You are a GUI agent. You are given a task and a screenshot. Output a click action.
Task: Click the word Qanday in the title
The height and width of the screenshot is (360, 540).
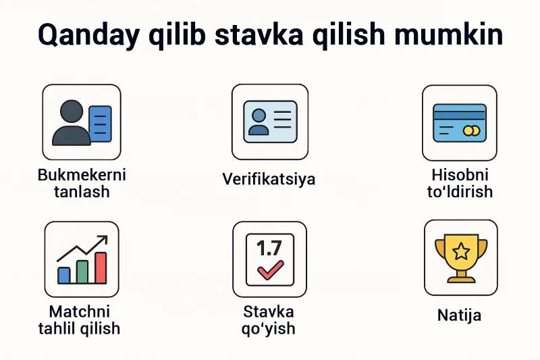click(88, 36)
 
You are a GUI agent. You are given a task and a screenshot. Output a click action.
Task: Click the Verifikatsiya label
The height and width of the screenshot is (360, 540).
click(269, 179)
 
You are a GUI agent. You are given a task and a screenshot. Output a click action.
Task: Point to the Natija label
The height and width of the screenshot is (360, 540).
click(459, 315)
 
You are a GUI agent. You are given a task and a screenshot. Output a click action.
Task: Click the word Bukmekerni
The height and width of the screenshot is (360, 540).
click(82, 175)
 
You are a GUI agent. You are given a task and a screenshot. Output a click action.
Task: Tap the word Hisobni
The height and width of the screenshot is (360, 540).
click(460, 175)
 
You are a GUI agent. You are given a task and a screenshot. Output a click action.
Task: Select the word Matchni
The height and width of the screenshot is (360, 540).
click(80, 312)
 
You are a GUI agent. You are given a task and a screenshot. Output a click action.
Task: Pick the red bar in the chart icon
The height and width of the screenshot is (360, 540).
click(101, 267)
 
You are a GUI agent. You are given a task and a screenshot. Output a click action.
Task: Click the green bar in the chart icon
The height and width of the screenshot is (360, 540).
click(82, 272)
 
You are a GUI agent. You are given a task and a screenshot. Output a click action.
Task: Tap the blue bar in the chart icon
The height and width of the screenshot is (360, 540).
click(63, 276)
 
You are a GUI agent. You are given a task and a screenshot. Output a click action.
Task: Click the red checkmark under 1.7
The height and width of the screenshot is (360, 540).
click(271, 269)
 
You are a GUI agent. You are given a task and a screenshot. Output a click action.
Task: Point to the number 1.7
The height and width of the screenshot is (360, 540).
click(269, 249)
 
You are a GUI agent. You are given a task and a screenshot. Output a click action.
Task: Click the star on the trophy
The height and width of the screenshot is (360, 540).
click(461, 251)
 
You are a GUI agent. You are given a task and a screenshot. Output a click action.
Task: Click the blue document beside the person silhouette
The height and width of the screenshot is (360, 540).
click(100, 124)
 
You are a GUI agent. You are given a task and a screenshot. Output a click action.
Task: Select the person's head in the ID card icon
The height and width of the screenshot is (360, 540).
click(259, 115)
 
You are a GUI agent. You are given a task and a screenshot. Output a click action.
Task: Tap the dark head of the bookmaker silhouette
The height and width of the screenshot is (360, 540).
click(72, 111)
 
